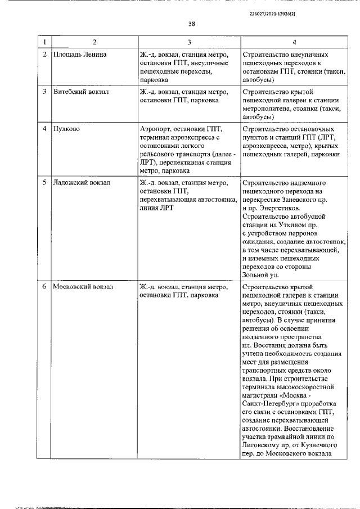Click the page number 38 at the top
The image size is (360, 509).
(x=191, y=24)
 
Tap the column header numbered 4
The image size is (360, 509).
(x=294, y=43)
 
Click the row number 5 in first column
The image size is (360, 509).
(x=44, y=182)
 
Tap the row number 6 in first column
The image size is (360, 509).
(x=44, y=286)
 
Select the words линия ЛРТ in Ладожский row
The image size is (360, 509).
(x=157, y=208)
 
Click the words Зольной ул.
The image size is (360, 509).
(x=259, y=274)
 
